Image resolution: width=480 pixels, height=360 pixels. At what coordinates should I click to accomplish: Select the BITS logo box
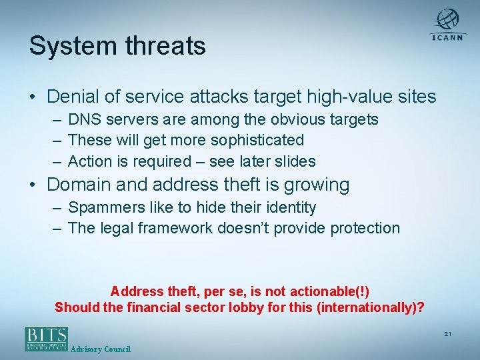click(47, 338)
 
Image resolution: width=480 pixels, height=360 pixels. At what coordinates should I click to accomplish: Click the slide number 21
click(447, 333)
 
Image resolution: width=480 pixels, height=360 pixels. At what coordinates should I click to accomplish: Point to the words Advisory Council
click(101, 349)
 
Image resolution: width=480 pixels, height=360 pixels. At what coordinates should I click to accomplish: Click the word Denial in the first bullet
click(74, 97)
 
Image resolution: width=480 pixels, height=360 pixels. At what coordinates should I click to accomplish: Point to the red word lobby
click(259, 307)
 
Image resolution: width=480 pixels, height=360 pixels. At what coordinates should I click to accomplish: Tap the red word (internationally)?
click(370, 307)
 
